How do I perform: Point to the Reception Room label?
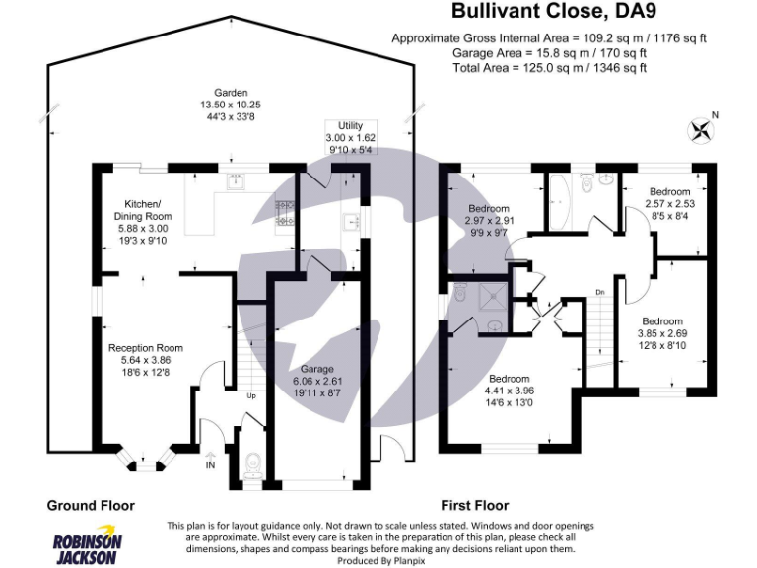[x=146, y=347]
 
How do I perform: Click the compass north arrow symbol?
[x=702, y=128]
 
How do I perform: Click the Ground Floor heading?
[x=91, y=505]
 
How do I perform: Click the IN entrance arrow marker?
[x=209, y=460]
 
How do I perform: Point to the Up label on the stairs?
[x=253, y=396]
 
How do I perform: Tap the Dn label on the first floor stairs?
[x=599, y=293]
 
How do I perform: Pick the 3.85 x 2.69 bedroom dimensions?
[x=661, y=333]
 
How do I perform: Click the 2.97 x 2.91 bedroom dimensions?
[x=489, y=222]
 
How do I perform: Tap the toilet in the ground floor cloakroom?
[x=254, y=461]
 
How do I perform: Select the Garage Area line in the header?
[x=549, y=52]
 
